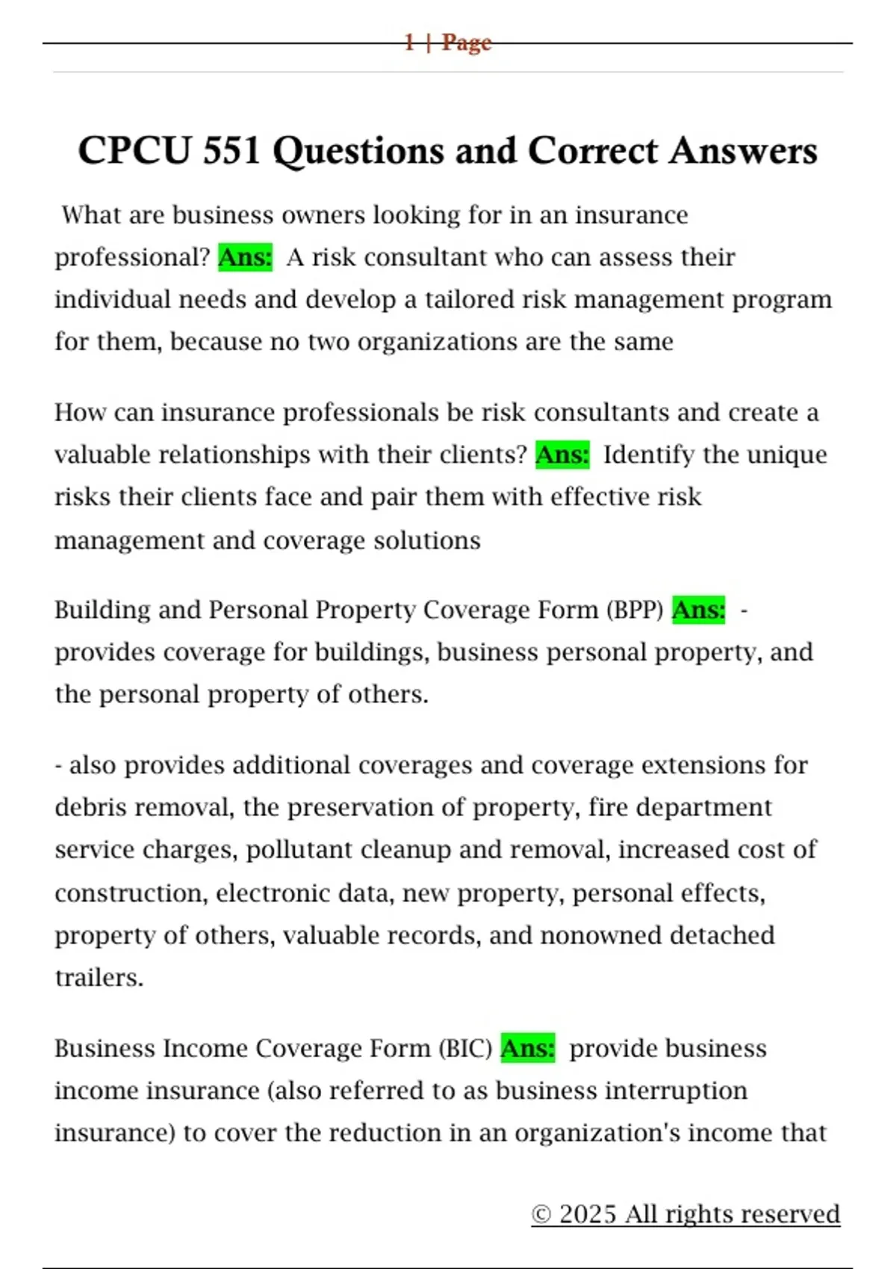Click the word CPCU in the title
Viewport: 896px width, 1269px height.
click(x=134, y=151)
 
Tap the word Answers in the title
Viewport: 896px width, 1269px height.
click(x=743, y=151)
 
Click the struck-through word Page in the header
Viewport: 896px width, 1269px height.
click(x=467, y=43)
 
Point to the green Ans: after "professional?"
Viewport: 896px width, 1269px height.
click(x=245, y=258)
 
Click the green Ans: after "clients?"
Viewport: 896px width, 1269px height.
click(x=562, y=455)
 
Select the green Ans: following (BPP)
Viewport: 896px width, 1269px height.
click(x=698, y=610)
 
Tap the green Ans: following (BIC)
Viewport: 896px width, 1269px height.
click(x=527, y=1049)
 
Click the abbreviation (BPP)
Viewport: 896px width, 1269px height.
click(x=635, y=611)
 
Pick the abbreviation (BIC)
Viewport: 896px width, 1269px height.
click(x=465, y=1049)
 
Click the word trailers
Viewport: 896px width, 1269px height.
click(x=99, y=977)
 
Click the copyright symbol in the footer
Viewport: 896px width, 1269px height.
click(x=541, y=1215)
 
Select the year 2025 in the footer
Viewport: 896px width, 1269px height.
click(x=588, y=1215)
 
